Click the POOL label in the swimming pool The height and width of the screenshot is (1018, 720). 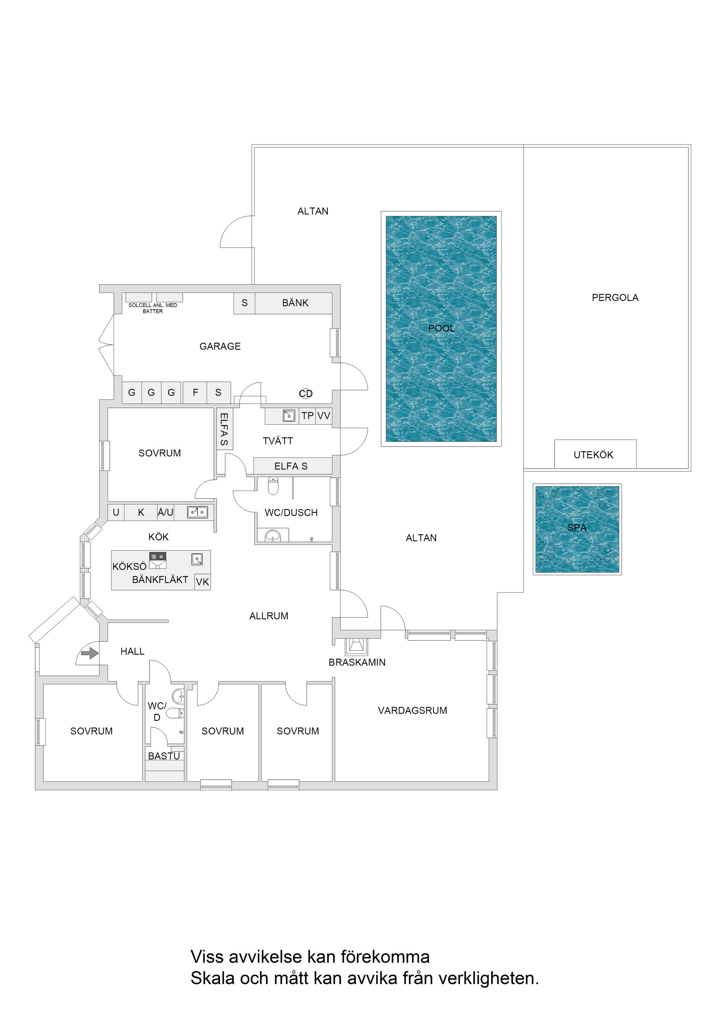point(441,329)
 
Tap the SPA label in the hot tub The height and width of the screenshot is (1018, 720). point(577,528)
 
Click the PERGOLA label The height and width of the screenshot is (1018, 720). point(615,298)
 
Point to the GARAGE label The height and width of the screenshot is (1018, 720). point(220,346)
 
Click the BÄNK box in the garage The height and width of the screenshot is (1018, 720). point(294,303)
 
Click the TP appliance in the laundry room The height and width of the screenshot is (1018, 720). point(307,416)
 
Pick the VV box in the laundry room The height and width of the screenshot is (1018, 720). point(324,416)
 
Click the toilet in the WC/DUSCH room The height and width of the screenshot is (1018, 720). point(273,485)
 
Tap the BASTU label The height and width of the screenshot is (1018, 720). point(164,756)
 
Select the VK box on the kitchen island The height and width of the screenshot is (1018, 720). point(202,582)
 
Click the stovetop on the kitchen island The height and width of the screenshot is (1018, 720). point(157,557)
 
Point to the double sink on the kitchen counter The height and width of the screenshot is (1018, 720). point(197,512)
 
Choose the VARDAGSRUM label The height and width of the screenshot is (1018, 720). point(412,711)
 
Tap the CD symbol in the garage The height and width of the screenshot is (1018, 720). point(306,393)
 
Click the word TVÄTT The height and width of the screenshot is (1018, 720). point(278,441)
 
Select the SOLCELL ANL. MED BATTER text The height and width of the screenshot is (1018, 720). point(153,308)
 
